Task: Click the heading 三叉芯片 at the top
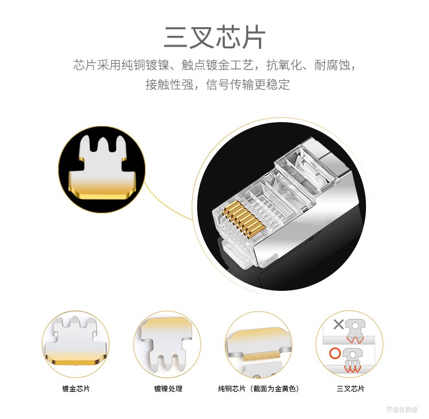214,37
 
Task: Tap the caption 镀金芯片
76,389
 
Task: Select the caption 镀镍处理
168,389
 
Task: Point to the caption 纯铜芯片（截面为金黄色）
258,389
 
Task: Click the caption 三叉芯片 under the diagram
350,389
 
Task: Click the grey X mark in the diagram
339,325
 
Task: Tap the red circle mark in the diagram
335,353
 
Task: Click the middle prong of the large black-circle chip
103,144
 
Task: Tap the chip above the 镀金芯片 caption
75,340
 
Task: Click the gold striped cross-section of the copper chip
261,357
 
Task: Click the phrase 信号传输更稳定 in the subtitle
248,85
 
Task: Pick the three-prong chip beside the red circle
352,360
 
